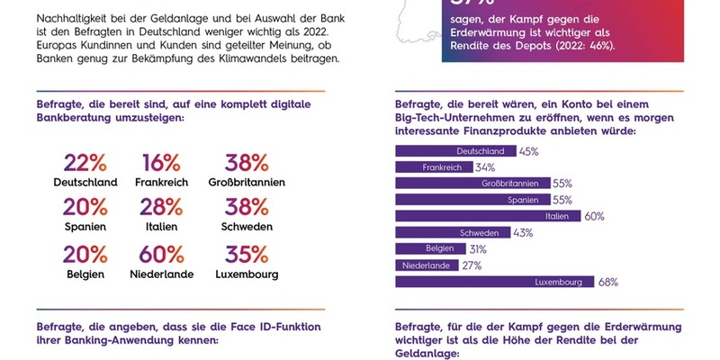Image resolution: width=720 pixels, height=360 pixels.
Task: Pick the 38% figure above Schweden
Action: click(x=247, y=210)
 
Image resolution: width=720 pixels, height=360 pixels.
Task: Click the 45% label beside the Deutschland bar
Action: click(x=528, y=151)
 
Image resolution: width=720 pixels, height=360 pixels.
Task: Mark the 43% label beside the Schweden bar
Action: click(x=523, y=232)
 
